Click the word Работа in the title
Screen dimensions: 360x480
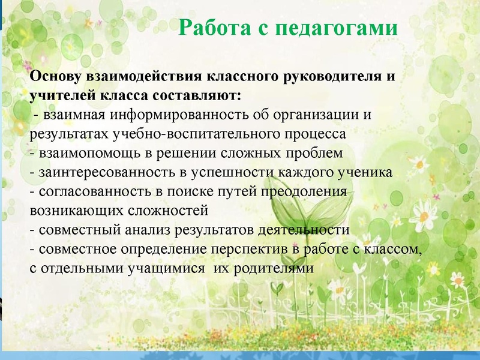209,28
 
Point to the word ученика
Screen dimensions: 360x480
367,172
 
